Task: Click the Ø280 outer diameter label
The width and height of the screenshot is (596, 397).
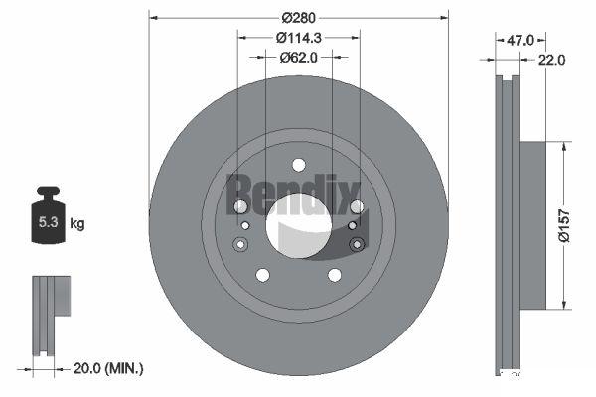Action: tap(299, 18)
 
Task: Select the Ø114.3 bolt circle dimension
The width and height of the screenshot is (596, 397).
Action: tap(299, 38)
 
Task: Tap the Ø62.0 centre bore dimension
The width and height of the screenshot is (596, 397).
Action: tap(299, 58)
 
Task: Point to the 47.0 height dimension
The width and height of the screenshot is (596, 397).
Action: tap(521, 40)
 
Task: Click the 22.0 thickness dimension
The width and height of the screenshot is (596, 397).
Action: tap(551, 60)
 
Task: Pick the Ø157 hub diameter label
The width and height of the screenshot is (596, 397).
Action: tap(564, 225)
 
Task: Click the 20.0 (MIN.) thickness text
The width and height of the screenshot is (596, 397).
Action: tap(108, 368)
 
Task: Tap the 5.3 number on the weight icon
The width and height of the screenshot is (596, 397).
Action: tap(49, 222)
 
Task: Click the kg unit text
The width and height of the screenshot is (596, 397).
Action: tap(77, 223)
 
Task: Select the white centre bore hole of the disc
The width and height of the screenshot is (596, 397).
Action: tap(299, 225)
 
